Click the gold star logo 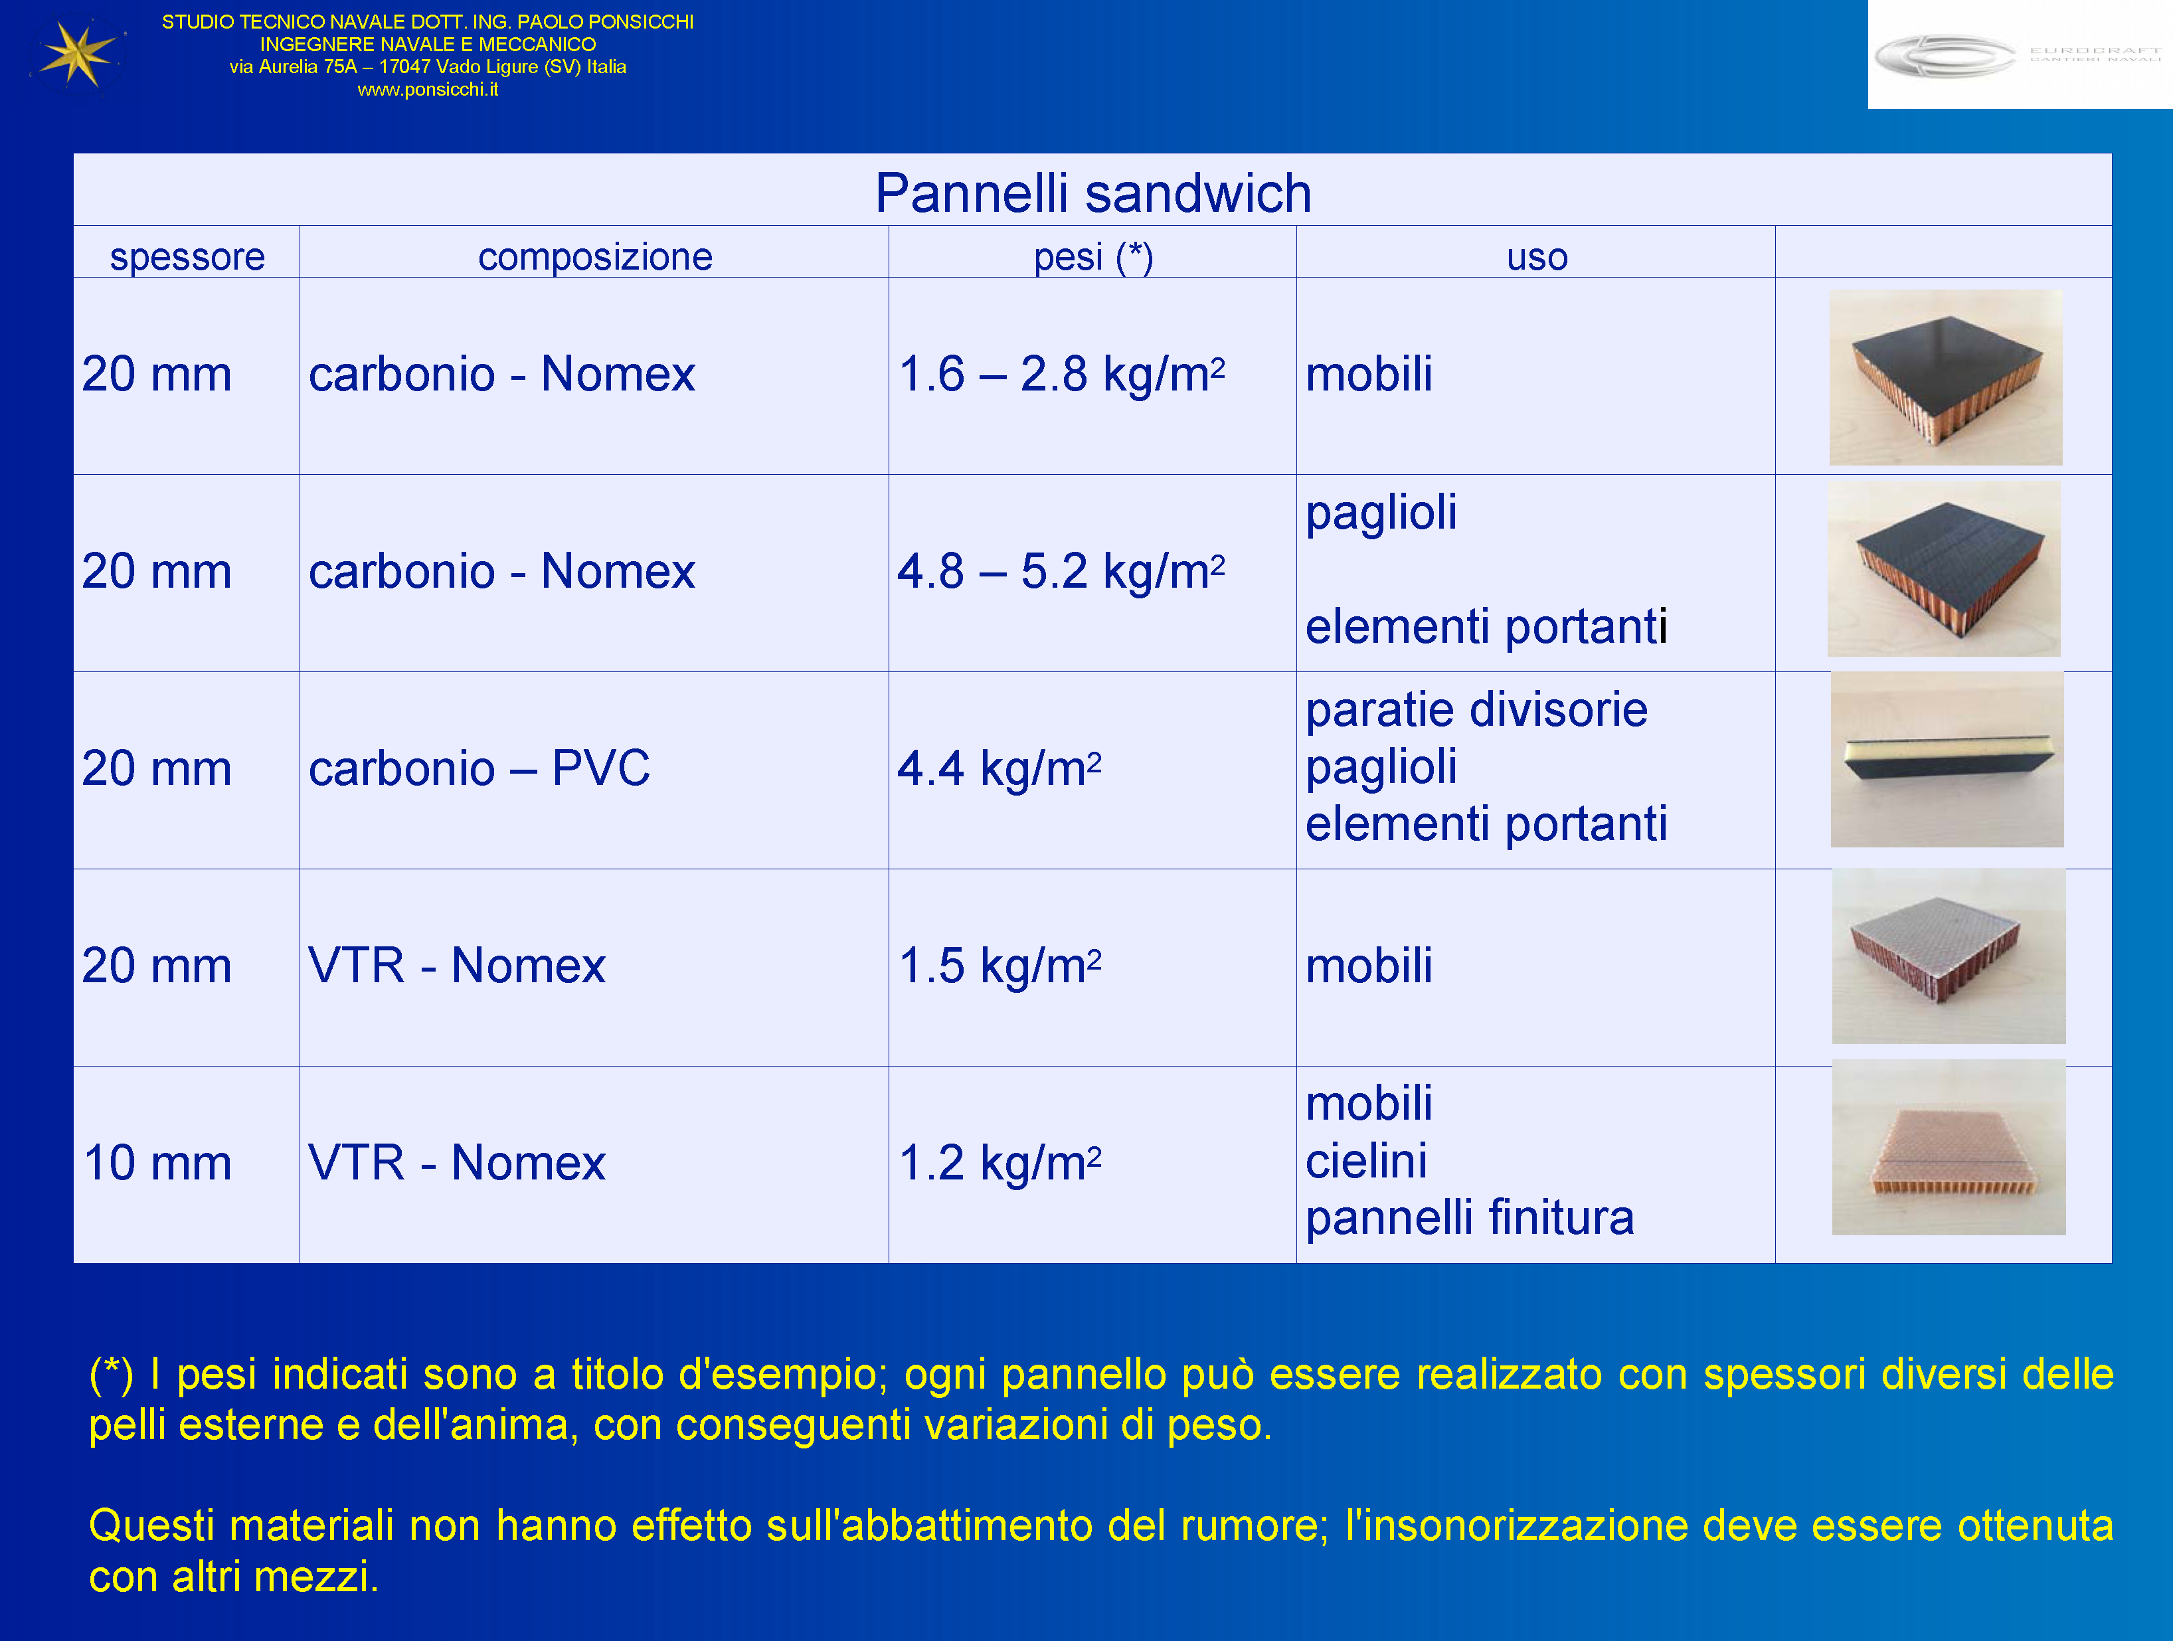pos(76,53)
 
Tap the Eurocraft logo pos(2019,54)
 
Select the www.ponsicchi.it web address pos(427,90)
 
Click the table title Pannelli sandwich pos(1093,193)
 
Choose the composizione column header pos(595,256)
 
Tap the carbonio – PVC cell pos(479,768)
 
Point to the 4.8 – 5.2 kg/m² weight pos(1062,571)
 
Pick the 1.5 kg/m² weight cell pos(1000,966)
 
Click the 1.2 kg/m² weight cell pos(1000,1164)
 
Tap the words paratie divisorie pos(1476,709)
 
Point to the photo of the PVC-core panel pos(1947,760)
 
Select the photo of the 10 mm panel pos(1949,1147)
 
